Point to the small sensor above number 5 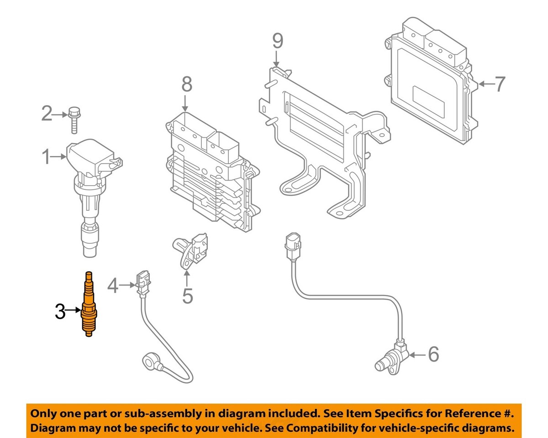tap(191, 250)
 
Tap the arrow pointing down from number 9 tap(276, 60)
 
